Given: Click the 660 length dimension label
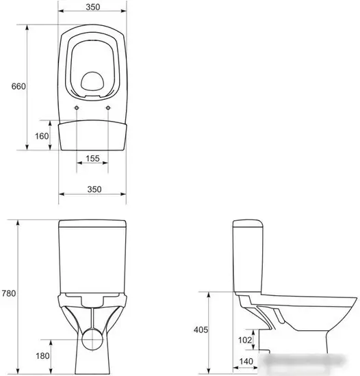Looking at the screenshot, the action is point(18,86).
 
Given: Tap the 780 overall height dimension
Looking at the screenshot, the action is point(9,293).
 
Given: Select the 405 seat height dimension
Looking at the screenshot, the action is point(201,330).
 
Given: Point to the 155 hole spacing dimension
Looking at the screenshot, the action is point(92,159).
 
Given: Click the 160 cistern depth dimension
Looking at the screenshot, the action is point(42,136).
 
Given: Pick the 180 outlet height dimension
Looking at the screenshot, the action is point(42,356).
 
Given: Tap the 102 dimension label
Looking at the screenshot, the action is point(245,340).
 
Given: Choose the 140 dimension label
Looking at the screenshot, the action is point(246,362).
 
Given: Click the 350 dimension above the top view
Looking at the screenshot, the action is point(93,8).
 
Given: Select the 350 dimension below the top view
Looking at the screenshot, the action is point(94,189).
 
